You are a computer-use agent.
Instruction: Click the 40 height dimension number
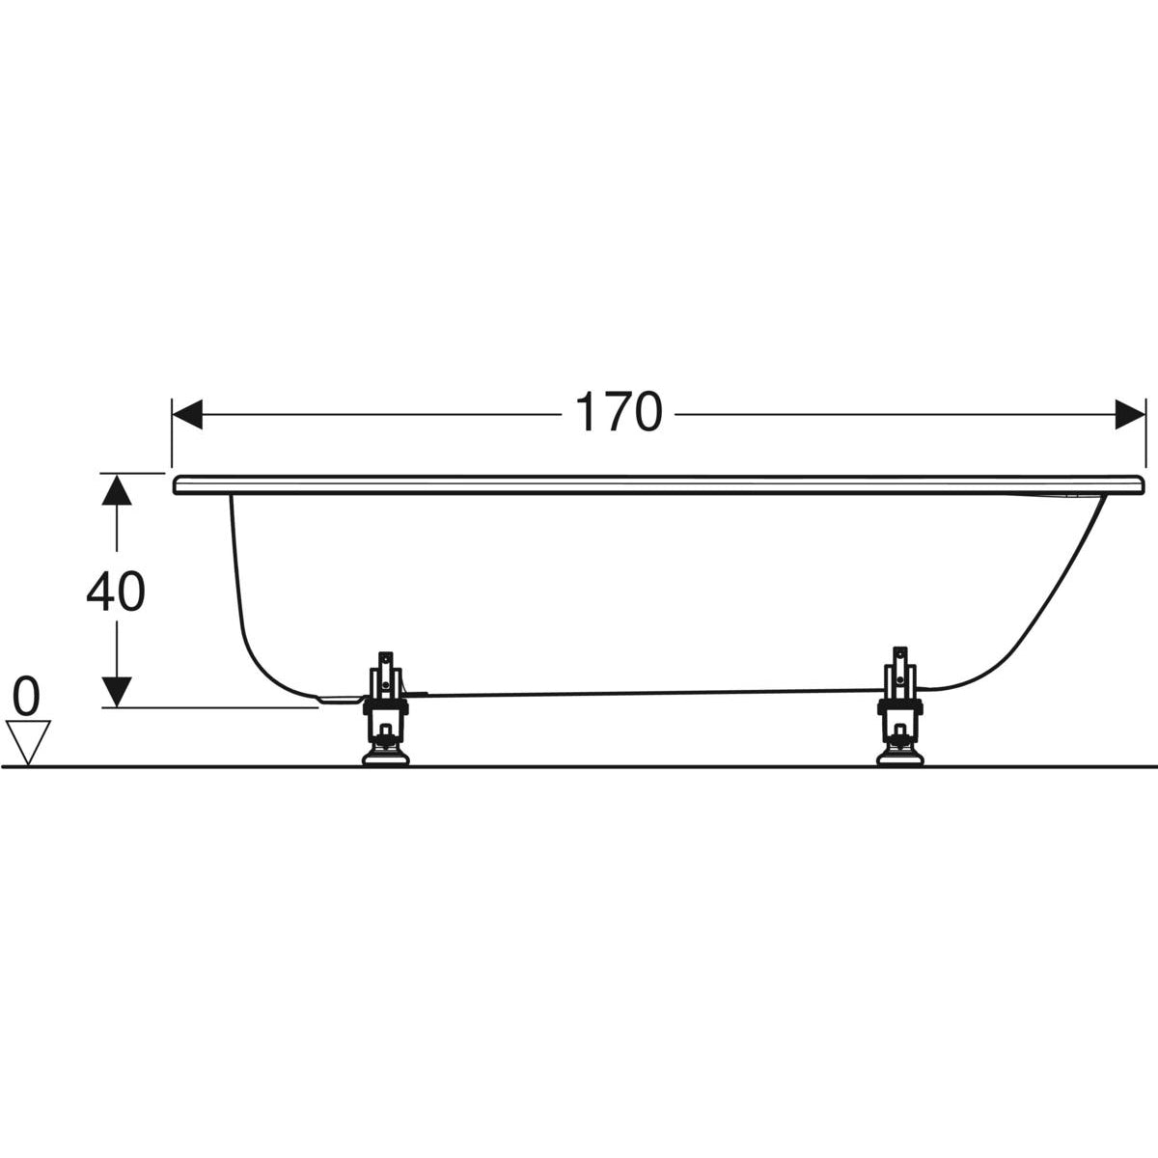[116, 592]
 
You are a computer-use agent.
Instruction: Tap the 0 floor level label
[26, 697]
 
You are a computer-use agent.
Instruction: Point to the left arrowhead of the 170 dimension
[187, 414]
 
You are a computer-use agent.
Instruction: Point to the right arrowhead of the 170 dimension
[1130, 414]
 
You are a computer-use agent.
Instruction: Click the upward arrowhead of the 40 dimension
[117, 489]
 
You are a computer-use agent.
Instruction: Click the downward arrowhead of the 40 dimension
[117, 692]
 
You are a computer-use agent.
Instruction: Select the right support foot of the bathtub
[899, 705]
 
